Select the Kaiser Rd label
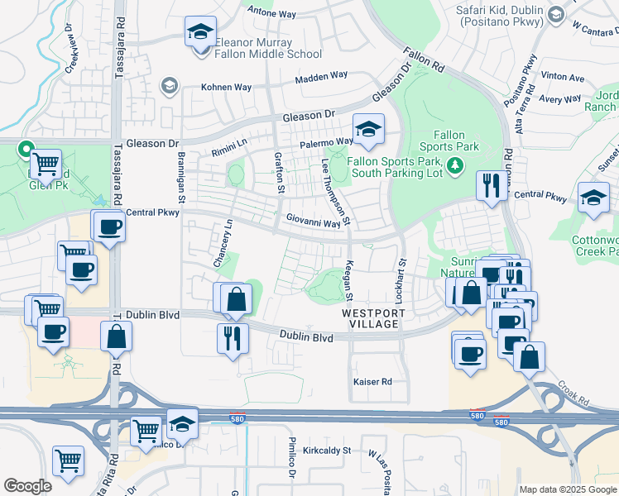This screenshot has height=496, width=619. tap(372, 382)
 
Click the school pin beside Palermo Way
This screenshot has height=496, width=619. tap(368, 129)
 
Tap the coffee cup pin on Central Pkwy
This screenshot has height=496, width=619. tap(108, 227)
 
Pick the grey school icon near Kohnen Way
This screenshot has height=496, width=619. tap(170, 86)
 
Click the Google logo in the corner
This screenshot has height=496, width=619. tap(27, 486)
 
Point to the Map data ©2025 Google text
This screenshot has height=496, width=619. tap(567, 489)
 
